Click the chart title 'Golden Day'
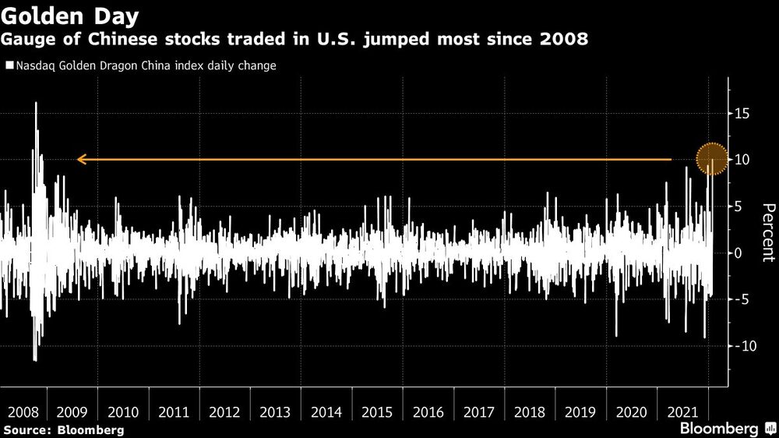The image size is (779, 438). click(x=70, y=16)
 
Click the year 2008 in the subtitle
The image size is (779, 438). click(x=559, y=39)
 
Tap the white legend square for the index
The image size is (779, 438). click(x=9, y=66)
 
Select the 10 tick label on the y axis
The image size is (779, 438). click(x=742, y=160)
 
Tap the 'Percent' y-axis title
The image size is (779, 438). click(x=768, y=231)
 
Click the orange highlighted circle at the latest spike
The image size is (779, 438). click(x=710, y=160)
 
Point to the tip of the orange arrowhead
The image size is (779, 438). click(x=78, y=160)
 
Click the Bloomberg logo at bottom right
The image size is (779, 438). click(x=724, y=429)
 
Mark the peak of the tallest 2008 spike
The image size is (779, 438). click(x=36, y=103)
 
